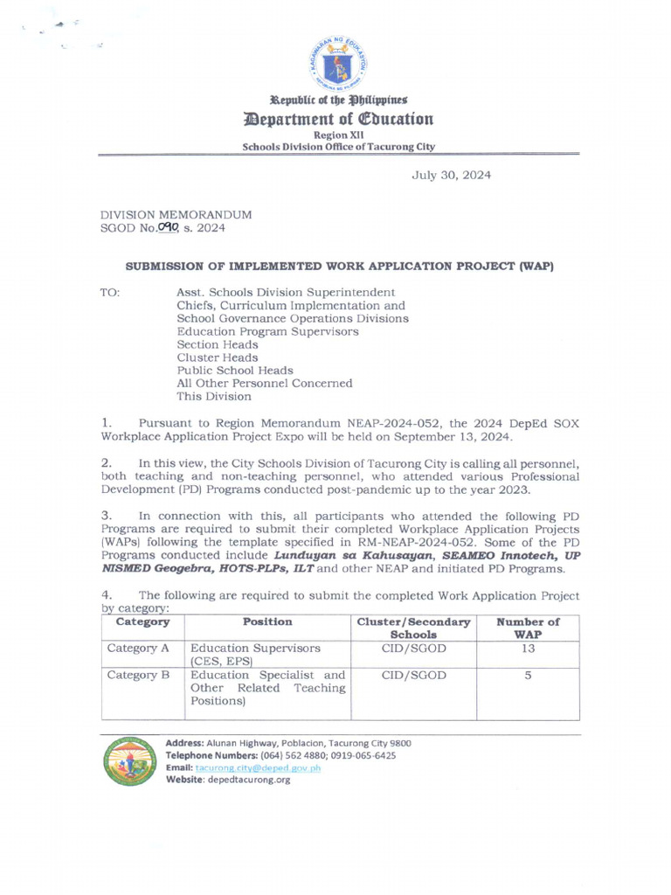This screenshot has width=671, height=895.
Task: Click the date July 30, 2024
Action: tap(451, 175)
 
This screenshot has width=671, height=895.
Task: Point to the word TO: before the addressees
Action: tap(110, 293)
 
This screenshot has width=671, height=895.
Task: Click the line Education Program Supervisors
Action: tap(267, 332)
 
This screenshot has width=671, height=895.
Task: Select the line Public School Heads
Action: tap(235, 371)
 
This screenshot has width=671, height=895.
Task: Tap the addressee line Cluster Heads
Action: tap(218, 357)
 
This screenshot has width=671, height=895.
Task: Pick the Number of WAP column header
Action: tap(528, 628)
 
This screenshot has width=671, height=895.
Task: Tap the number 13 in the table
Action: tap(528, 649)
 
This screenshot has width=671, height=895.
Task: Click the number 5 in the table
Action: tap(528, 676)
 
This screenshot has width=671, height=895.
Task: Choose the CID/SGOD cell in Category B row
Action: tap(413, 676)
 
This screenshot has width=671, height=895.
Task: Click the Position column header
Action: tap(267, 622)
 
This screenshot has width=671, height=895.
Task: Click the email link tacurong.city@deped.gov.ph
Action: tap(259, 768)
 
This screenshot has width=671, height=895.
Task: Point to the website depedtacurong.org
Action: tap(248, 781)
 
